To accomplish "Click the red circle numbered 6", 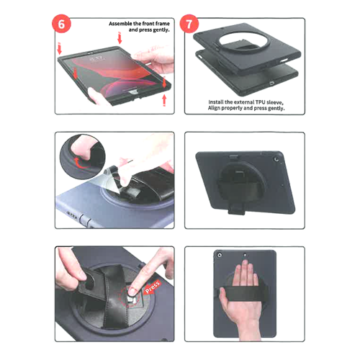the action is (x=61, y=24).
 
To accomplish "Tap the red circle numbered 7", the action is (x=189, y=24).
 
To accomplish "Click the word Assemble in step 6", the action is (x=120, y=24).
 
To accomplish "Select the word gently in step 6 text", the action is (x=161, y=30).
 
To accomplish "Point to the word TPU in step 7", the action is (x=261, y=102).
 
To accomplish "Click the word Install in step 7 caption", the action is (x=216, y=102).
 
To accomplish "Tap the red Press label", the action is (x=153, y=287).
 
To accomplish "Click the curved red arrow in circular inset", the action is (x=80, y=162).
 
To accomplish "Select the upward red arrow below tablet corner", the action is (x=164, y=100).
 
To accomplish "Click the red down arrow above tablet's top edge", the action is (x=120, y=38).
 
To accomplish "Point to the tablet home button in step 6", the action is (x=132, y=93).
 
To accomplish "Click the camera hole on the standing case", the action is (x=276, y=159).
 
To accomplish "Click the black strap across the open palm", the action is (x=242, y=293).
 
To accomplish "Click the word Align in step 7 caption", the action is (x=214, y=108).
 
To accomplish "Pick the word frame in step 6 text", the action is (x=162, y=24).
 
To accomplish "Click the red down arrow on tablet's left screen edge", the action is (x=76, y=73).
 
